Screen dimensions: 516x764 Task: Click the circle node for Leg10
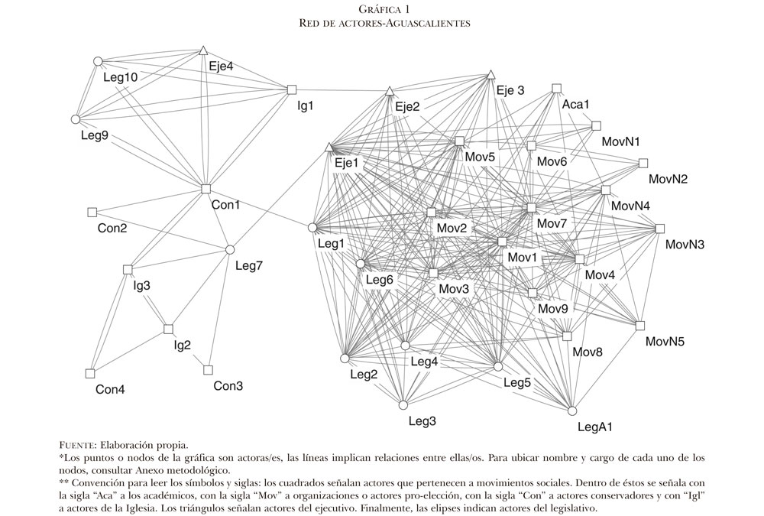(98, 60)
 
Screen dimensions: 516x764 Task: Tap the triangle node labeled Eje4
(203, 50)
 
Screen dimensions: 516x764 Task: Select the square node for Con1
(206, 189)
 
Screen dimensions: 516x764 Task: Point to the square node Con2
(92, 211)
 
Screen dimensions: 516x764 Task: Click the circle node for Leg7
(230, 249)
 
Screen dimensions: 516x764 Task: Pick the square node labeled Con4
(90, 373)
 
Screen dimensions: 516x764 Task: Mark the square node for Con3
(207, 370)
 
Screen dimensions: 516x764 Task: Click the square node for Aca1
(556, 88)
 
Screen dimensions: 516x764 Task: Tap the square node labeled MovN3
(660, 228)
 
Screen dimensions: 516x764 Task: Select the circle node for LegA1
(572, 411)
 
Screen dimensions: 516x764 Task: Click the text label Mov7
(552, 223)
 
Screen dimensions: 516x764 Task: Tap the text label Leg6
(379, 280)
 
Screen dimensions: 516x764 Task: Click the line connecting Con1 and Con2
(149, 200)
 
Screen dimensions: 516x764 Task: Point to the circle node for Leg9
(76, 119)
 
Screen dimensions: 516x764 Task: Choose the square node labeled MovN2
(643, 163)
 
